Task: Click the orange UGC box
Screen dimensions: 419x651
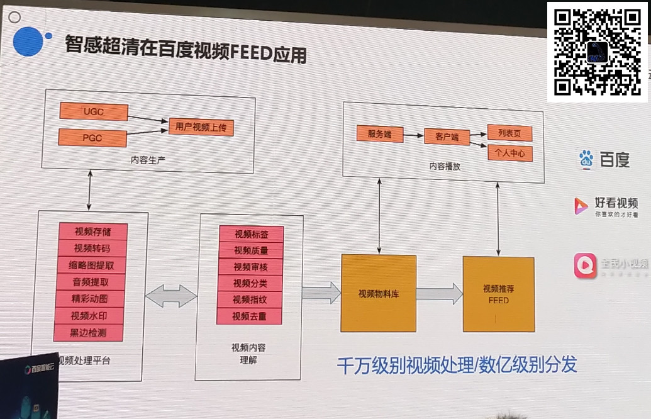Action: [94, 112]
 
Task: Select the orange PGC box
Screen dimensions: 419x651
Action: [93, 137]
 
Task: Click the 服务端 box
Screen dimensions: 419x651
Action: [379, 133]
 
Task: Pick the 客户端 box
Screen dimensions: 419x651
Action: [446, 137]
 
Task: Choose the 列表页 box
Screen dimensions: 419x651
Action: [509, 133]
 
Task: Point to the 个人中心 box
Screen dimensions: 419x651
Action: [509, 153]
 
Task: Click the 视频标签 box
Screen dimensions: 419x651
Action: [251, 235]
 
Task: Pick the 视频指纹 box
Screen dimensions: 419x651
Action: [250, 299]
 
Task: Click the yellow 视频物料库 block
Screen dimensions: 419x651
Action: [379, 293]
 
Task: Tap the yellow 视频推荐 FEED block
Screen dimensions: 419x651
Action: [498, 294]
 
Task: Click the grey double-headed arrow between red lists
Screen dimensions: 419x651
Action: [171, 296]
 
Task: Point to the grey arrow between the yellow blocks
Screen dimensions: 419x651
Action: [439, 293]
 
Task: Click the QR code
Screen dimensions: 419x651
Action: [597, 52]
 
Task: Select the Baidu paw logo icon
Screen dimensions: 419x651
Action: [586, 159]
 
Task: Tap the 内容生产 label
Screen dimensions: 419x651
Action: [148, 159]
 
